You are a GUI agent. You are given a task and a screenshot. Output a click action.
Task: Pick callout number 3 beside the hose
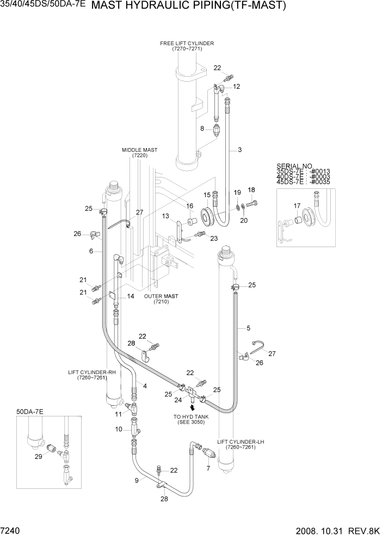click(x=239, y=150)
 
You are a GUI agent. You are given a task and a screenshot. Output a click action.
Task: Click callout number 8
click(x=202, y=129)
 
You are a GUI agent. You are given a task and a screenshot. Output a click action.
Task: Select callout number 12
click(x=237, y=87)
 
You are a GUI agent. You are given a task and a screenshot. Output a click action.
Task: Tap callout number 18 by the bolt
click(x=251, y=189)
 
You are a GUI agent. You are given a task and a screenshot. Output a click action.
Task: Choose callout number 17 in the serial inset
click(x=297, y=205)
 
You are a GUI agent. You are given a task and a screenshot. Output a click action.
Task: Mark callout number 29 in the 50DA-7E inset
click(x=37, y=456)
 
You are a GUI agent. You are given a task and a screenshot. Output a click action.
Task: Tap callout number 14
click(x=131, y=296)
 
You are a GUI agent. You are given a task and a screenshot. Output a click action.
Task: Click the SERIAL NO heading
click(x=295, y=165)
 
